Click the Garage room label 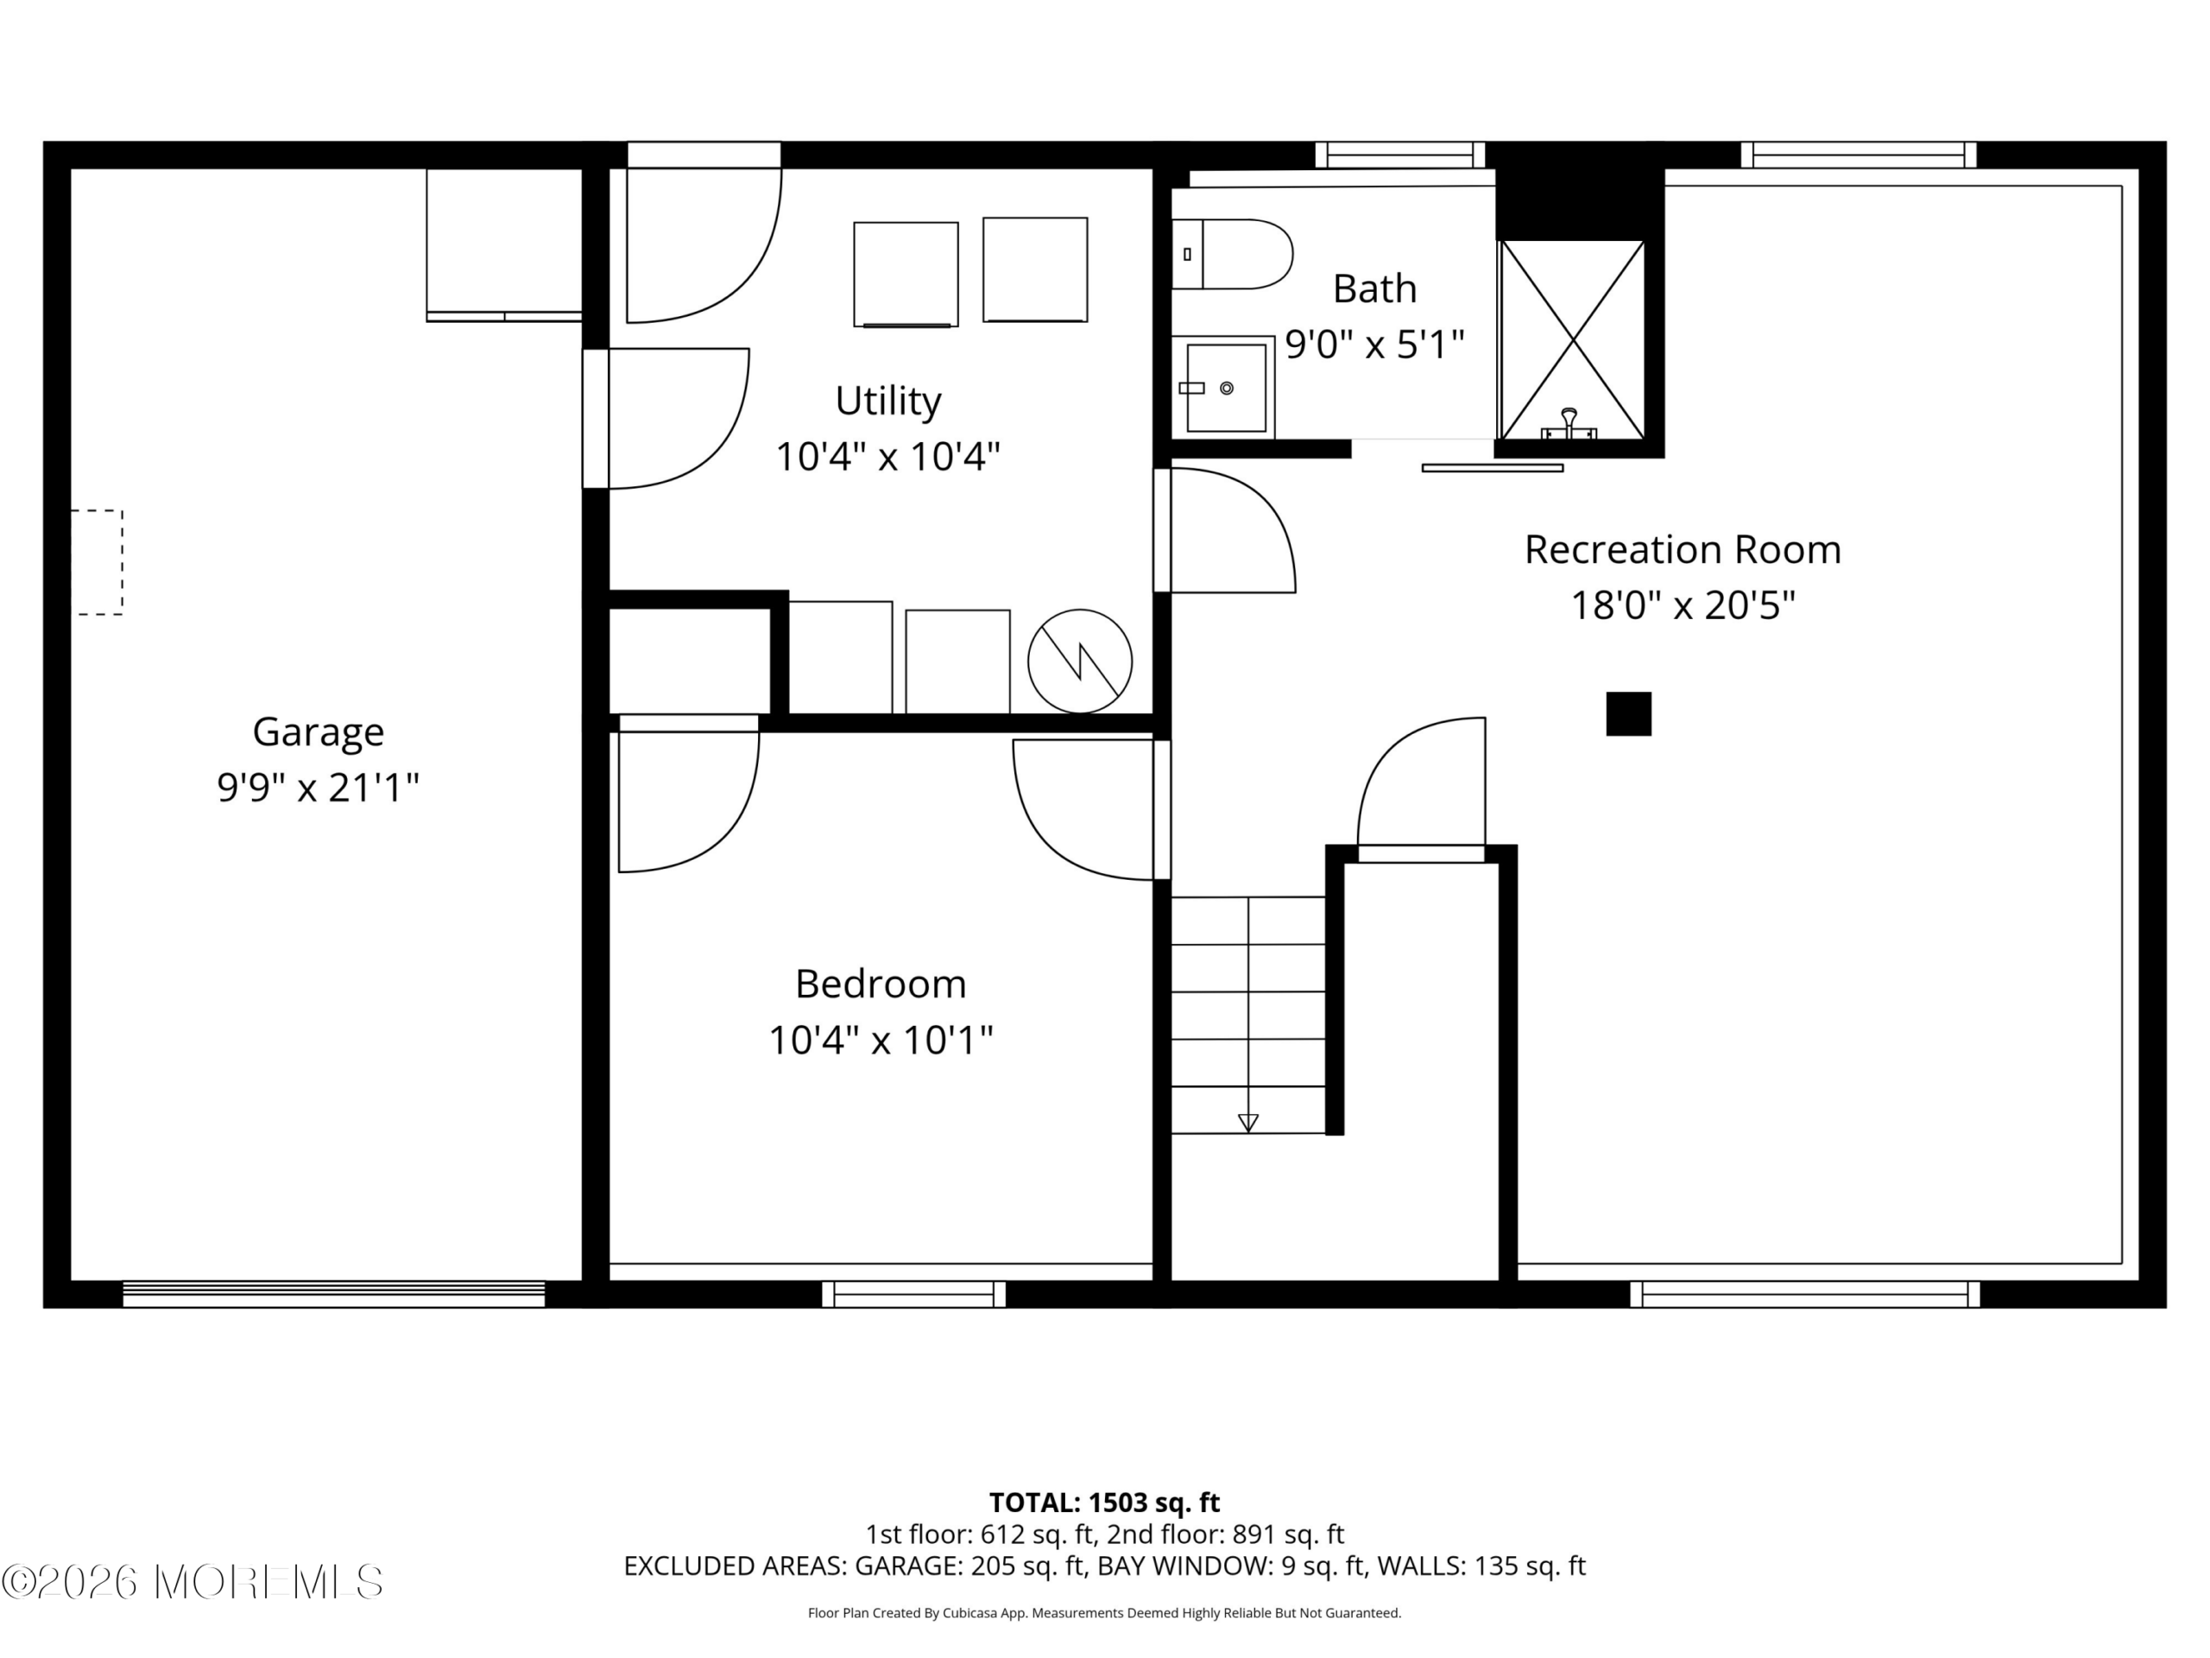tap(318, 732)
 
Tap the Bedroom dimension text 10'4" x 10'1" tap(881, 1041)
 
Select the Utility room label tap(888, 401)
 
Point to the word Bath tap(1374, 288)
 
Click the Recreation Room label tap(1683, 550)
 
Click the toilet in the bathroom tap(1232, 254)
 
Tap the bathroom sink tap(1224, 388)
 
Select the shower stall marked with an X tap(1573, 339)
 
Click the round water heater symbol tap(1080, 661)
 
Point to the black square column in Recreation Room tap(1628, 713)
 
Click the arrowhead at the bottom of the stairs tap(1247, 1123)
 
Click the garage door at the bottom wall tap(334, 1294)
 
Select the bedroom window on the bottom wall tap(914, 1294)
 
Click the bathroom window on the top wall tap(1399, 155)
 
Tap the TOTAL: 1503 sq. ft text tap(1104, 1502)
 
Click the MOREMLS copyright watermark tap(192, 1582)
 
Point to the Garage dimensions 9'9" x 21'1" tap(318, 788)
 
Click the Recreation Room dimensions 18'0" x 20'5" tap(1683, 605)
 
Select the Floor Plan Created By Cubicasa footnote tap(1104, 1613)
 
